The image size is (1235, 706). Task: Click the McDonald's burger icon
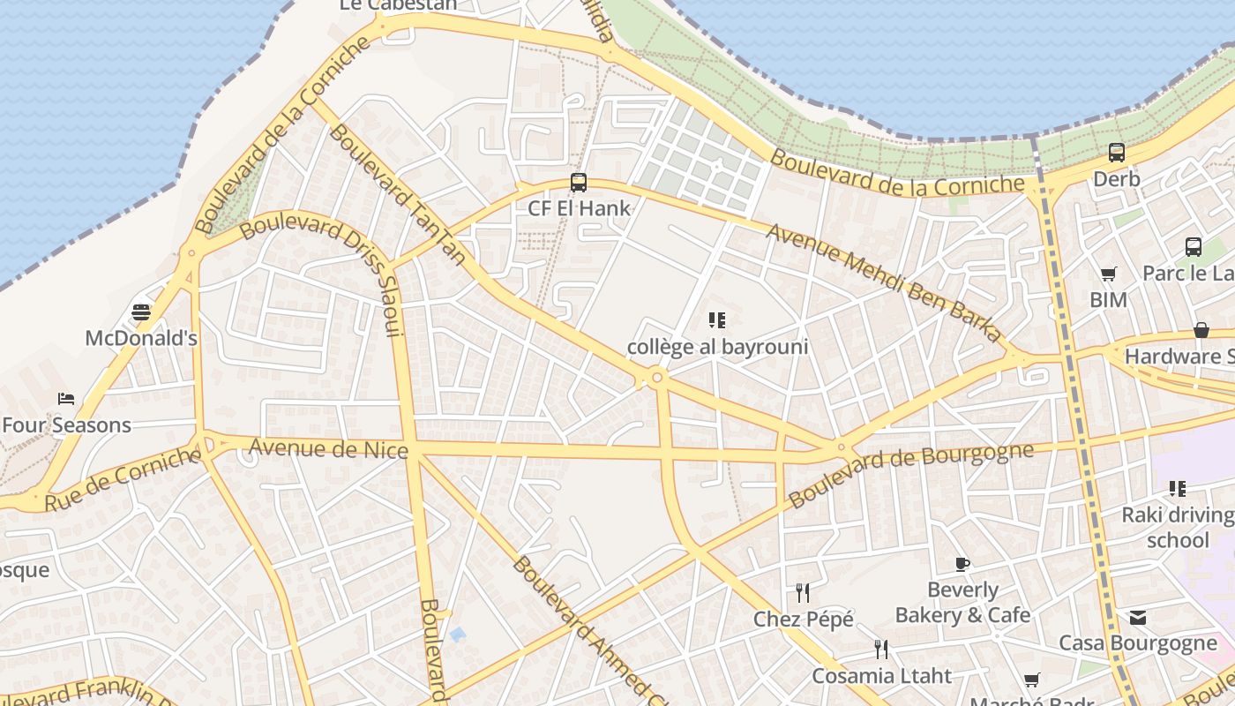pos(141,312)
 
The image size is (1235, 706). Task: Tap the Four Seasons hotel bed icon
pos(66,399)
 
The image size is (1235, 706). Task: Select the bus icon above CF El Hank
pos(579,183)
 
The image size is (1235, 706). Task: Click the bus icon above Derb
pos(1117,153)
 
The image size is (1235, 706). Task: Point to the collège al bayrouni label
pos(717,347)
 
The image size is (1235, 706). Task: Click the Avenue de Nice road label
pos(328,449)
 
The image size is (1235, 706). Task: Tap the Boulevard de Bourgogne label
pos(909,475)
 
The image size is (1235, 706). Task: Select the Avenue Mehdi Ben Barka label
pos(884,282)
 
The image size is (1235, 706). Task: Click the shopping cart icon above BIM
pos(1109,274)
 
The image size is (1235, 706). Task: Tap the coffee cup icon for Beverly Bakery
pos(962,564)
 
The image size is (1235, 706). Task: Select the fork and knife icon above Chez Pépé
pos(803,593)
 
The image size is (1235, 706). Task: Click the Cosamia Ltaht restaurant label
pos(881,676)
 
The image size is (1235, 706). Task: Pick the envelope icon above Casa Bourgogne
pos(1138,618)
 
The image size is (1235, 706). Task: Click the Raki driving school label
pos(1178,527)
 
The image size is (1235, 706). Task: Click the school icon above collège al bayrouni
pos(716,320)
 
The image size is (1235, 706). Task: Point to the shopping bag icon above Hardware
pos(1201,330)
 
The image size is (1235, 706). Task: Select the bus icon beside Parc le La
pos(1194,247)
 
